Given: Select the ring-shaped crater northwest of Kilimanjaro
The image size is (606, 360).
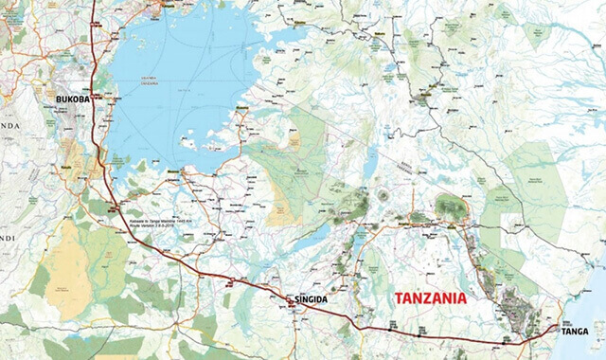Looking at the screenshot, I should [383, 194].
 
